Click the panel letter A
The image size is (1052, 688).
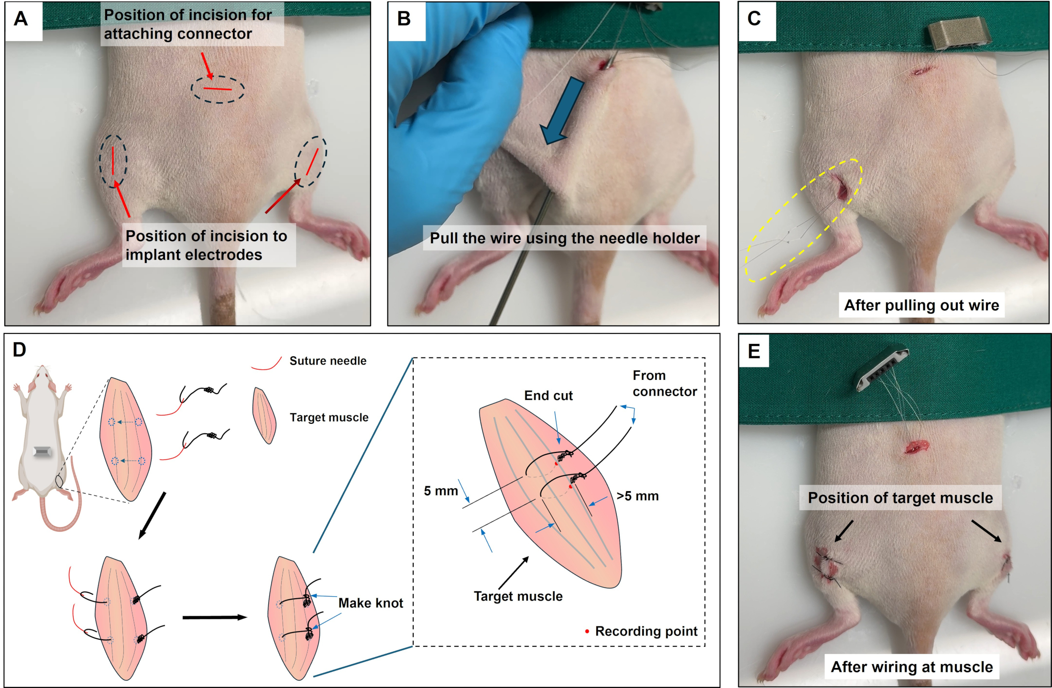[x=21, y=19]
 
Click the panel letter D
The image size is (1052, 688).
[x=19, y=350]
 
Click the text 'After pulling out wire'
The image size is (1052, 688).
[x=921, y=305]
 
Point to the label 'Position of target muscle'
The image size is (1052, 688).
[x=900, y=498]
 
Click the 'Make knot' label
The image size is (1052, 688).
[x=371, y=603]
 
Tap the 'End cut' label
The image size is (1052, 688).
[x=548, y=396]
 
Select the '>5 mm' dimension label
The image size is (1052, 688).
[x=637, y=496]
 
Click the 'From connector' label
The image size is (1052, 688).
[x=665, y=384]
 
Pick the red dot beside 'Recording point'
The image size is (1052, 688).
[x=587, y=632]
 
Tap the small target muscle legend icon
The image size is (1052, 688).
[x=264, y=416]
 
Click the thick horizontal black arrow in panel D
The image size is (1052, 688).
[x=215, y=617]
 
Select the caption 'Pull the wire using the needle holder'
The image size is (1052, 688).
[x=565, y=238]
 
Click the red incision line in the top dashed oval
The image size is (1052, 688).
[x=218, y=89]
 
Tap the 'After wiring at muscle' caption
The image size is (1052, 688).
[x=912, y=667]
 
